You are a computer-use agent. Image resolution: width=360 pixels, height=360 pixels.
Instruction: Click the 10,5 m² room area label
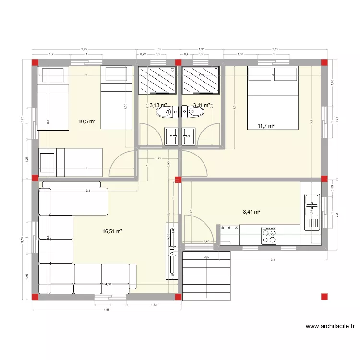point(86,121)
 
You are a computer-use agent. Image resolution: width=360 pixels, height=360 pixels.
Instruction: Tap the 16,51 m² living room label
point(112,231)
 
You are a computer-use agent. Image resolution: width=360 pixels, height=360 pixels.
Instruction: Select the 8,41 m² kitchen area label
point(252,211)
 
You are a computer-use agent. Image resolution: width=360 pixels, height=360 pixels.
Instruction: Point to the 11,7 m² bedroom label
point(265,126)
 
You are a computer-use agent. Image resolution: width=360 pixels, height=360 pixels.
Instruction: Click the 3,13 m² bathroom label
point(158,105)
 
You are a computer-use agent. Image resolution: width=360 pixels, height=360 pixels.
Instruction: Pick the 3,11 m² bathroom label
point(202,105)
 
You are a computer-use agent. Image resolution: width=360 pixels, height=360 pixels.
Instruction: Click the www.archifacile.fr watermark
point(330,326)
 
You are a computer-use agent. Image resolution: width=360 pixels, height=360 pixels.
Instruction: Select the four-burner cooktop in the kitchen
point(269,235)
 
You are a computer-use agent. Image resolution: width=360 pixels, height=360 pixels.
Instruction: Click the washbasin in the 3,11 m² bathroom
point(188,136)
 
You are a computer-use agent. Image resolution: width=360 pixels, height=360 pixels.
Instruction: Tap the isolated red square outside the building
point(324,297)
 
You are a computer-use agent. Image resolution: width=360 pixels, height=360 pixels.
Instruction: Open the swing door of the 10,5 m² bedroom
point(122,163)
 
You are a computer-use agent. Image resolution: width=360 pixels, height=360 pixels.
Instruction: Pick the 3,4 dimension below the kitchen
point(273,260)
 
